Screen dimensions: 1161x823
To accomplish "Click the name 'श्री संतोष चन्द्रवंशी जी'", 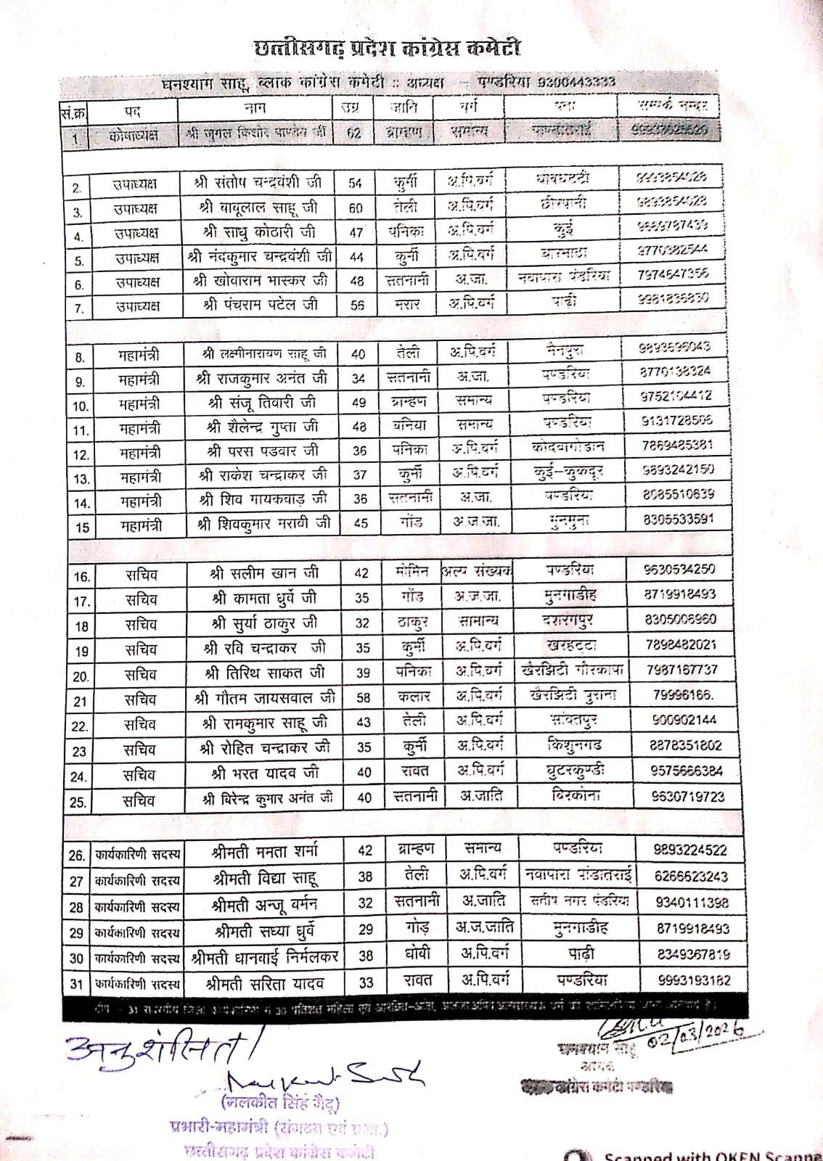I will (259, 181).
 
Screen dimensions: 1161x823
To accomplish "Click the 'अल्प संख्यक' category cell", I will (476, 570).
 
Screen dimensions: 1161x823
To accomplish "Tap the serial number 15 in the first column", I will (82, 528).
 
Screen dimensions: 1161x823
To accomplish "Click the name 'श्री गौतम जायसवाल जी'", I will (263, 698).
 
